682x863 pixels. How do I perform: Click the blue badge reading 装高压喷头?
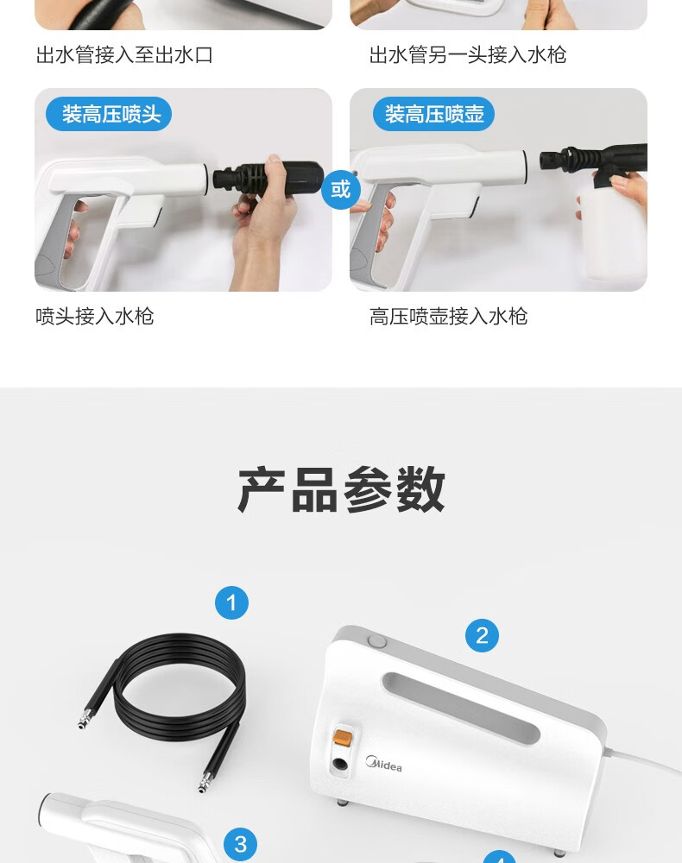coord(109,115)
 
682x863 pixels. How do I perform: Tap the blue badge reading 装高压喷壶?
coord(433,115)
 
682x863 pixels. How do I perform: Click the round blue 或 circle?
coord(341,189)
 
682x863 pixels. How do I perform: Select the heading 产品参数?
coord(341,488)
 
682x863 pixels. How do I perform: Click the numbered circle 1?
coord(231,602)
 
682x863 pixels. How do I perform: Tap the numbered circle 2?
coord(483,636)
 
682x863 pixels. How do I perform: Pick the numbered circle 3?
coord(241,844)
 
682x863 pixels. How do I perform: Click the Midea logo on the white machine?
coord(383,764)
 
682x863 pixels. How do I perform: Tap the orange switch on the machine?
coord(343,738)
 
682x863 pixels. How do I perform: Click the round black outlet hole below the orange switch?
coord(340,765)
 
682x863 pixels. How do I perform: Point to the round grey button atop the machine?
coord(377,641)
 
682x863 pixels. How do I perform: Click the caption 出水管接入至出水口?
coord(124,55)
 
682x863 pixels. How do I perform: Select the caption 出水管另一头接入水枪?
coord(468,55)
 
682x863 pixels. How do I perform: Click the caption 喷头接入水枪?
coord(95,317)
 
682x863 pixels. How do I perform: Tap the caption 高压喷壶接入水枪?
coord(449,317)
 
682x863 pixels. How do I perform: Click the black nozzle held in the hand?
coord(268,176)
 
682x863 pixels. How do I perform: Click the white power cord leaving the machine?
coord(644,759)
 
